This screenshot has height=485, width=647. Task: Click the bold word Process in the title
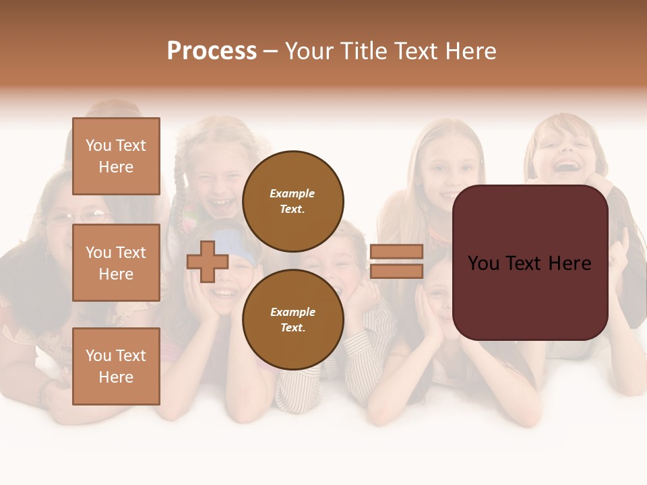point(212,51)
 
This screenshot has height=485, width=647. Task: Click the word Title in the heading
point(362,51)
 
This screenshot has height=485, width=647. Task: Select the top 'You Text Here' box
point(116,156)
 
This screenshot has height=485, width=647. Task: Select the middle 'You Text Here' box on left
point(116,263)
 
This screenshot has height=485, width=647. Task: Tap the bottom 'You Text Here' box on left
point(116,366)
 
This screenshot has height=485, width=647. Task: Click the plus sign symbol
point(208,262)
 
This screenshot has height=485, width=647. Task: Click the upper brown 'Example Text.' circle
point(292,201)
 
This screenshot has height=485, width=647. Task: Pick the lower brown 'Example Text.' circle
point(292,319)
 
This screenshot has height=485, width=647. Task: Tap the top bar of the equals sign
point(396,251)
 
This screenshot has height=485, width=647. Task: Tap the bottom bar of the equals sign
point(396,271)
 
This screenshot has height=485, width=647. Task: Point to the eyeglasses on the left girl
point(81,217)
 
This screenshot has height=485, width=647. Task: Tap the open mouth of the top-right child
point(567,166)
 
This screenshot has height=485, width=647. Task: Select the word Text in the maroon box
point(529,263)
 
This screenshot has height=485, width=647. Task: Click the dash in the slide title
point(271,52)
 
